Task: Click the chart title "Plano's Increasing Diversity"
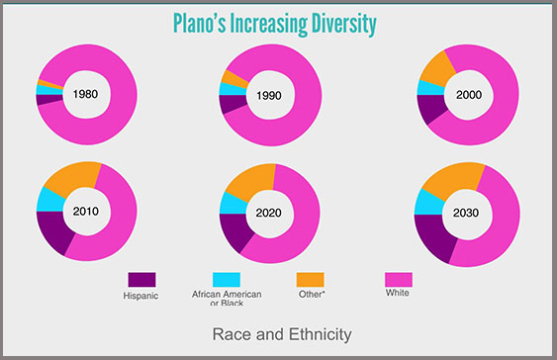(274, 23)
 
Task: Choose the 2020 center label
(268, 213)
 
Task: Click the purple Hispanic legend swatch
(140, 280)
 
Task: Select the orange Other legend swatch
(310, 280)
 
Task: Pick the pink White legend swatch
(398, 279)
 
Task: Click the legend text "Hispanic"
(140, 296)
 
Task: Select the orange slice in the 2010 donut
(71, 176)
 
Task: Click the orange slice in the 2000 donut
(435, 67)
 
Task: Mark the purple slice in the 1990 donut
(232, 103)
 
